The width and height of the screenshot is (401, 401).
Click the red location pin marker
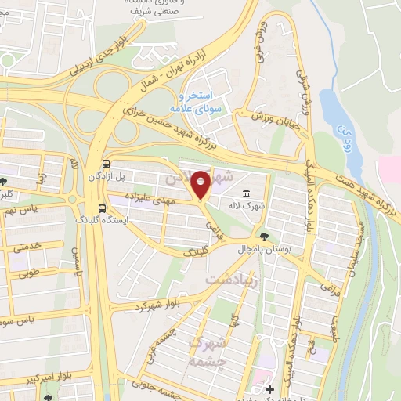pos(200,184)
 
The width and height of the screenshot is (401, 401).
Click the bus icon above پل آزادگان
pos(106,164)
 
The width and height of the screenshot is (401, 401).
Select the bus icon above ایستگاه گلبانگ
pos(101,208)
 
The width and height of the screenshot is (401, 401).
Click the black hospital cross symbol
pos(269,389)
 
